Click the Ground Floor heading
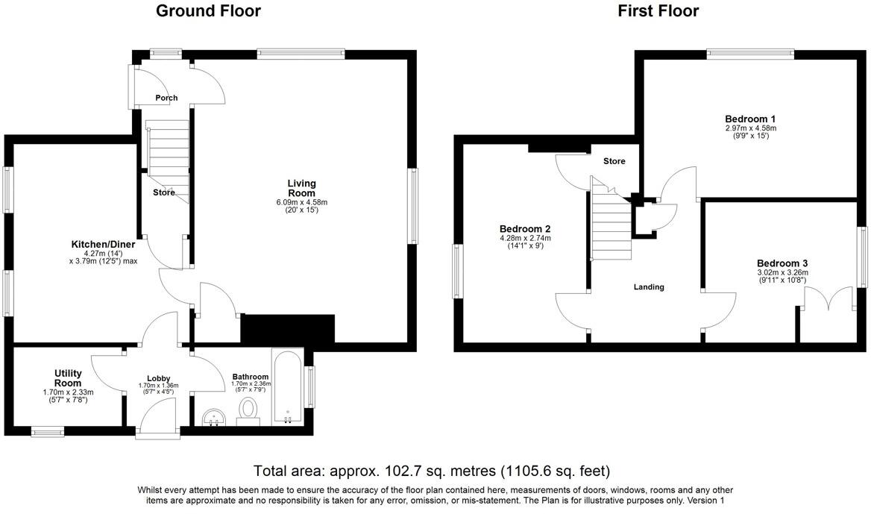coord(208,10)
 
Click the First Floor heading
coord(658,10)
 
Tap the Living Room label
coord(302,188)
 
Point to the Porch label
coord(166,98)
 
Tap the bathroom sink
coord(214,417)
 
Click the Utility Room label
coord(68,377)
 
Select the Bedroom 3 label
coord(782,263)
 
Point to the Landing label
coord(649,287)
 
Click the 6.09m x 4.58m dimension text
coord(302,202)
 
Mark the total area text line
coord(432,471)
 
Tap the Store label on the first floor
coord(614,161)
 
